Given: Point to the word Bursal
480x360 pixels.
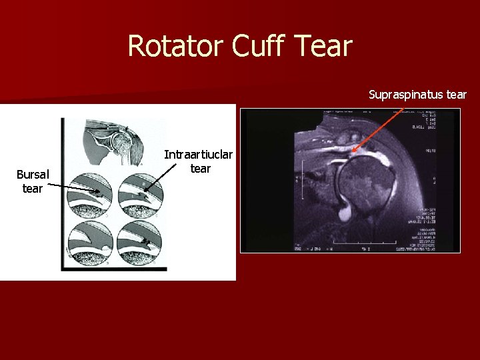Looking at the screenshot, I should [x=33, y=175].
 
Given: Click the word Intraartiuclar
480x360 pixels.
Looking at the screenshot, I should [x=199, y=155].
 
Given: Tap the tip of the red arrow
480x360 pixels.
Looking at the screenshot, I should [x=353, y=152].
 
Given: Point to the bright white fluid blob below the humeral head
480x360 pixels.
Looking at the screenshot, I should [x=347, y=213].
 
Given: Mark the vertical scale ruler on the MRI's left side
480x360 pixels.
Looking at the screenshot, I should [x=304, y=182].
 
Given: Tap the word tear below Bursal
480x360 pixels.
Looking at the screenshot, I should [x=33, y=189].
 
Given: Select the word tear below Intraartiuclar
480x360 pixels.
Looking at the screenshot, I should [x=200, y=168].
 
